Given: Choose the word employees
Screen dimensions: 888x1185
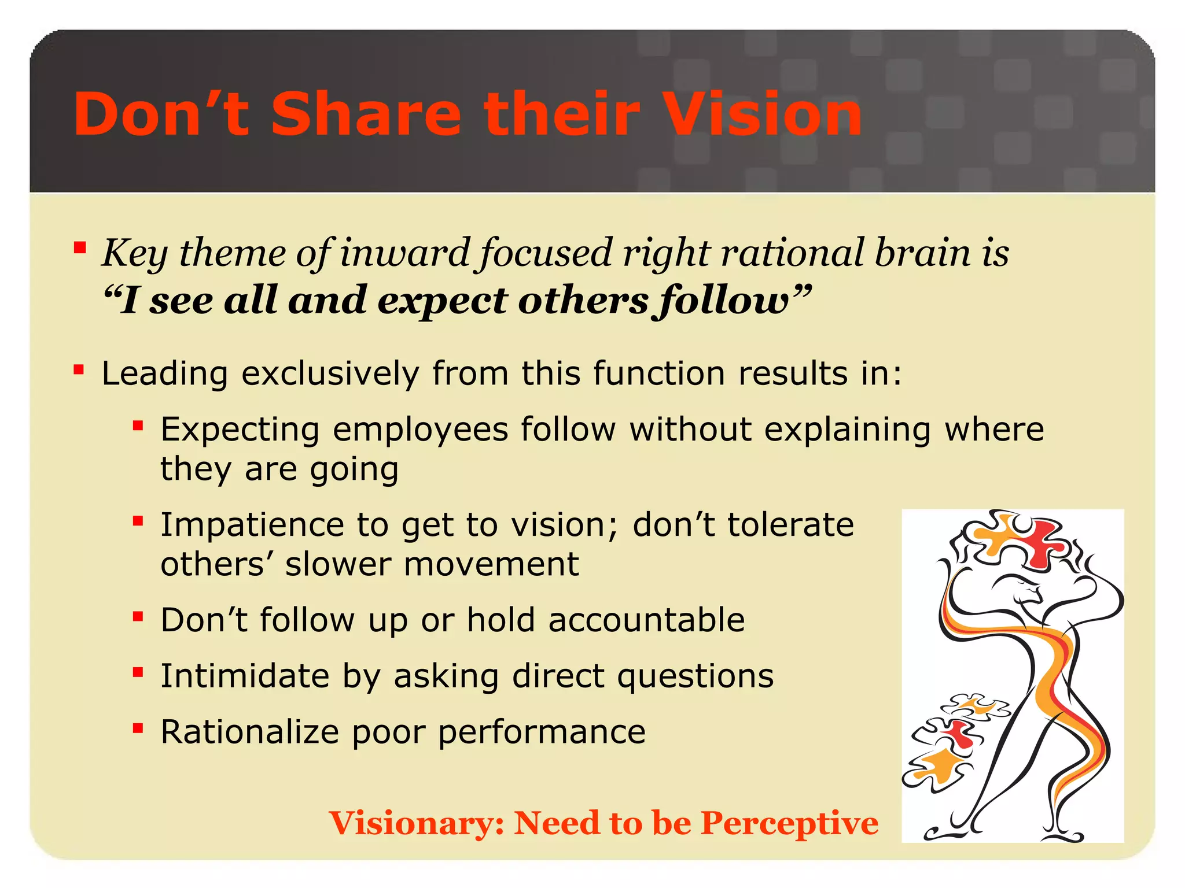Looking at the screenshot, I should (x=420, y=431).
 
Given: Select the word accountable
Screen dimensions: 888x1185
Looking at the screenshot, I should (x=646, y=620).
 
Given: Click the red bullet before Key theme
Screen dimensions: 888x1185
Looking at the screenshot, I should (x=80, y=249).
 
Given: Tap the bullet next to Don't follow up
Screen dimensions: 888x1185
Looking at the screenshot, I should (x=138, y=616).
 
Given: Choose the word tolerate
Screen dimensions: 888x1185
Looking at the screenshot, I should (x=790, y=525).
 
